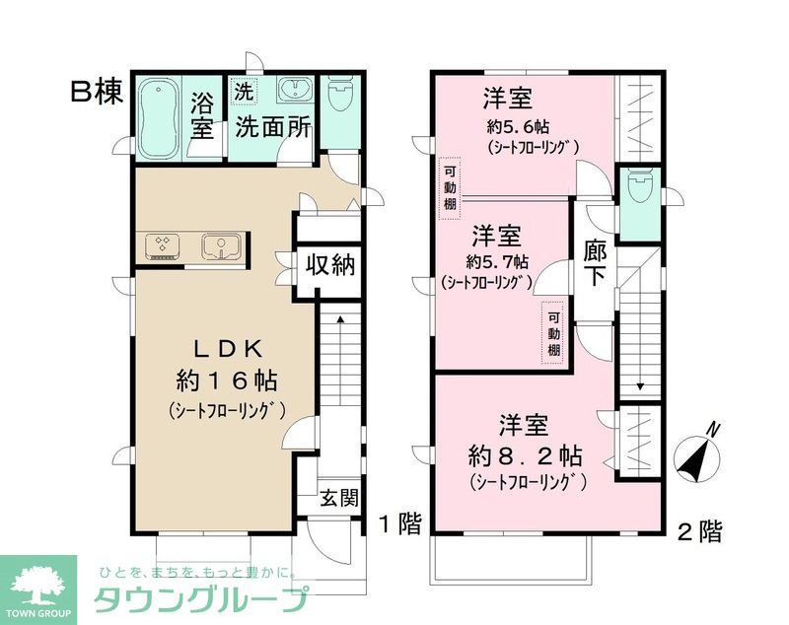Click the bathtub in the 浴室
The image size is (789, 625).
157,117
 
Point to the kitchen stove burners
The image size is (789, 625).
164,244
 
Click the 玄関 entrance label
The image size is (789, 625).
338,498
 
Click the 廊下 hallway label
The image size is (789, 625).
595,261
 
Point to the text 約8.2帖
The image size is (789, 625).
525,456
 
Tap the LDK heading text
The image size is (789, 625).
226,347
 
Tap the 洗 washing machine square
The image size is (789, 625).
243,90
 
